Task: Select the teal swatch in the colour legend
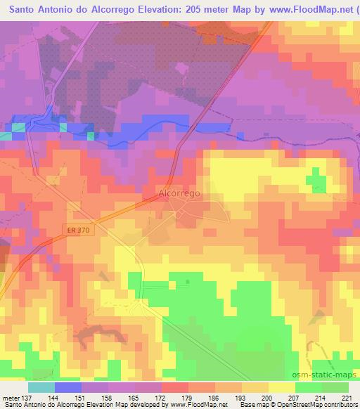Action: click(x=41, y=387)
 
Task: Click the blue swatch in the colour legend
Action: click(x=68, y=387)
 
